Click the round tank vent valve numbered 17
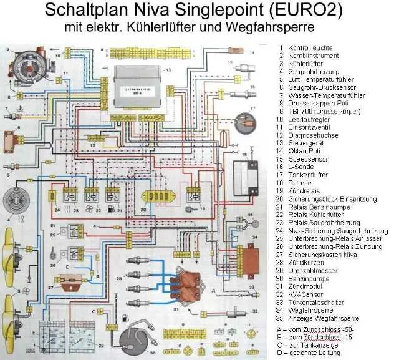248,121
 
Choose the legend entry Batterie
299,183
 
